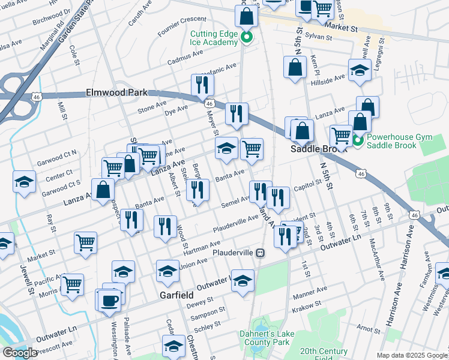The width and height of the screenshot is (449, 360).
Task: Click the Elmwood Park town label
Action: pos(116,93)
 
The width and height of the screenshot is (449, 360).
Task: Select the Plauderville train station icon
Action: pos(261,253)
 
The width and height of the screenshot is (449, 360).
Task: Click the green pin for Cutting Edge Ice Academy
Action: pos(246,40)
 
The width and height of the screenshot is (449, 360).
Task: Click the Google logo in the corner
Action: pos(20,353)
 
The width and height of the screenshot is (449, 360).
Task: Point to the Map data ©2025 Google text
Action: pos(412,355)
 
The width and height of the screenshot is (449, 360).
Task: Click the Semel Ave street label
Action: pos(235,203)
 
